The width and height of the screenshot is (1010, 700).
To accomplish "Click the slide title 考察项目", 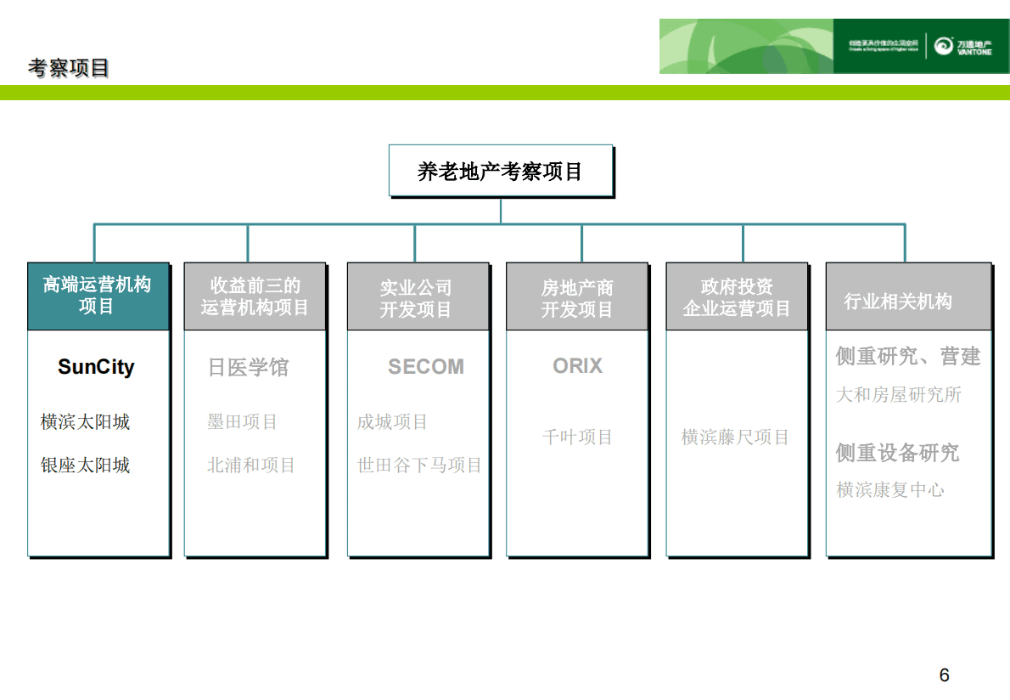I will (69, 68).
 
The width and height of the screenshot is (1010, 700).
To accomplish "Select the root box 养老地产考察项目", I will (500, 171).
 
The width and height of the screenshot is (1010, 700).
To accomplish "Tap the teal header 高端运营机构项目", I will (98, 296).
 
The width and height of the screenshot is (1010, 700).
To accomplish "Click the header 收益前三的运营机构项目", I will (255, 296).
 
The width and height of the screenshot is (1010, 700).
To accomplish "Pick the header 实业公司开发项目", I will (417, 298).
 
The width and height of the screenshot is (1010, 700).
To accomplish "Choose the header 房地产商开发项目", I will (577, 298).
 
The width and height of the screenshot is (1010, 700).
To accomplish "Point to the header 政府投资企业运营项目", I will (737, 297).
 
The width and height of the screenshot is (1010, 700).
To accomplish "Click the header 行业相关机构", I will (899, 301).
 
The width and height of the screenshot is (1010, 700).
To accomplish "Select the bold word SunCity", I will (96, 367).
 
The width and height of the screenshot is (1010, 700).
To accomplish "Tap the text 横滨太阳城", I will (86, 422).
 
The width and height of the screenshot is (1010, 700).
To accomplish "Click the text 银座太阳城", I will (86, 466).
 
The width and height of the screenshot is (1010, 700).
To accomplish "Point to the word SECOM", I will (426, 367).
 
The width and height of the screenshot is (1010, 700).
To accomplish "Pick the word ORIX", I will (577, 366).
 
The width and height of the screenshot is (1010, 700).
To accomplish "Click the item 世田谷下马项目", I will (419, 466).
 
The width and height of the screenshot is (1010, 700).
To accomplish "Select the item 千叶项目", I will (577, 437).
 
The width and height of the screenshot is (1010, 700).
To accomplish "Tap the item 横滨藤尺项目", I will (735, 437).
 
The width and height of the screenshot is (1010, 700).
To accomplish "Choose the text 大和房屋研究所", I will (899, 395).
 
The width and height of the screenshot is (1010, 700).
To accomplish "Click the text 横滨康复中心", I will (890, 490).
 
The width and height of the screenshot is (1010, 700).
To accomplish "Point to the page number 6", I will (945, 675).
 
